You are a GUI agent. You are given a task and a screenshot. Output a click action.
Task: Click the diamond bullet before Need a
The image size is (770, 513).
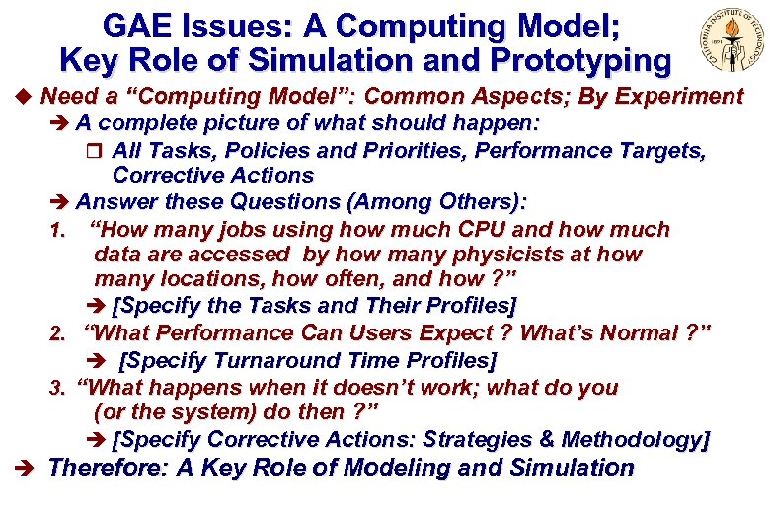tap(23, 97)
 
